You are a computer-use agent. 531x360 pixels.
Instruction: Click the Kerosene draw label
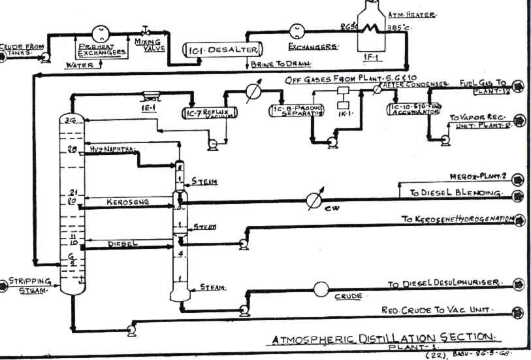(131, 202)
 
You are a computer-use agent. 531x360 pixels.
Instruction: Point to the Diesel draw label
(120, 243)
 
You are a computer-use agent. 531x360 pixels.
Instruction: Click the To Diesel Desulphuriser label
(444, 284)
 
